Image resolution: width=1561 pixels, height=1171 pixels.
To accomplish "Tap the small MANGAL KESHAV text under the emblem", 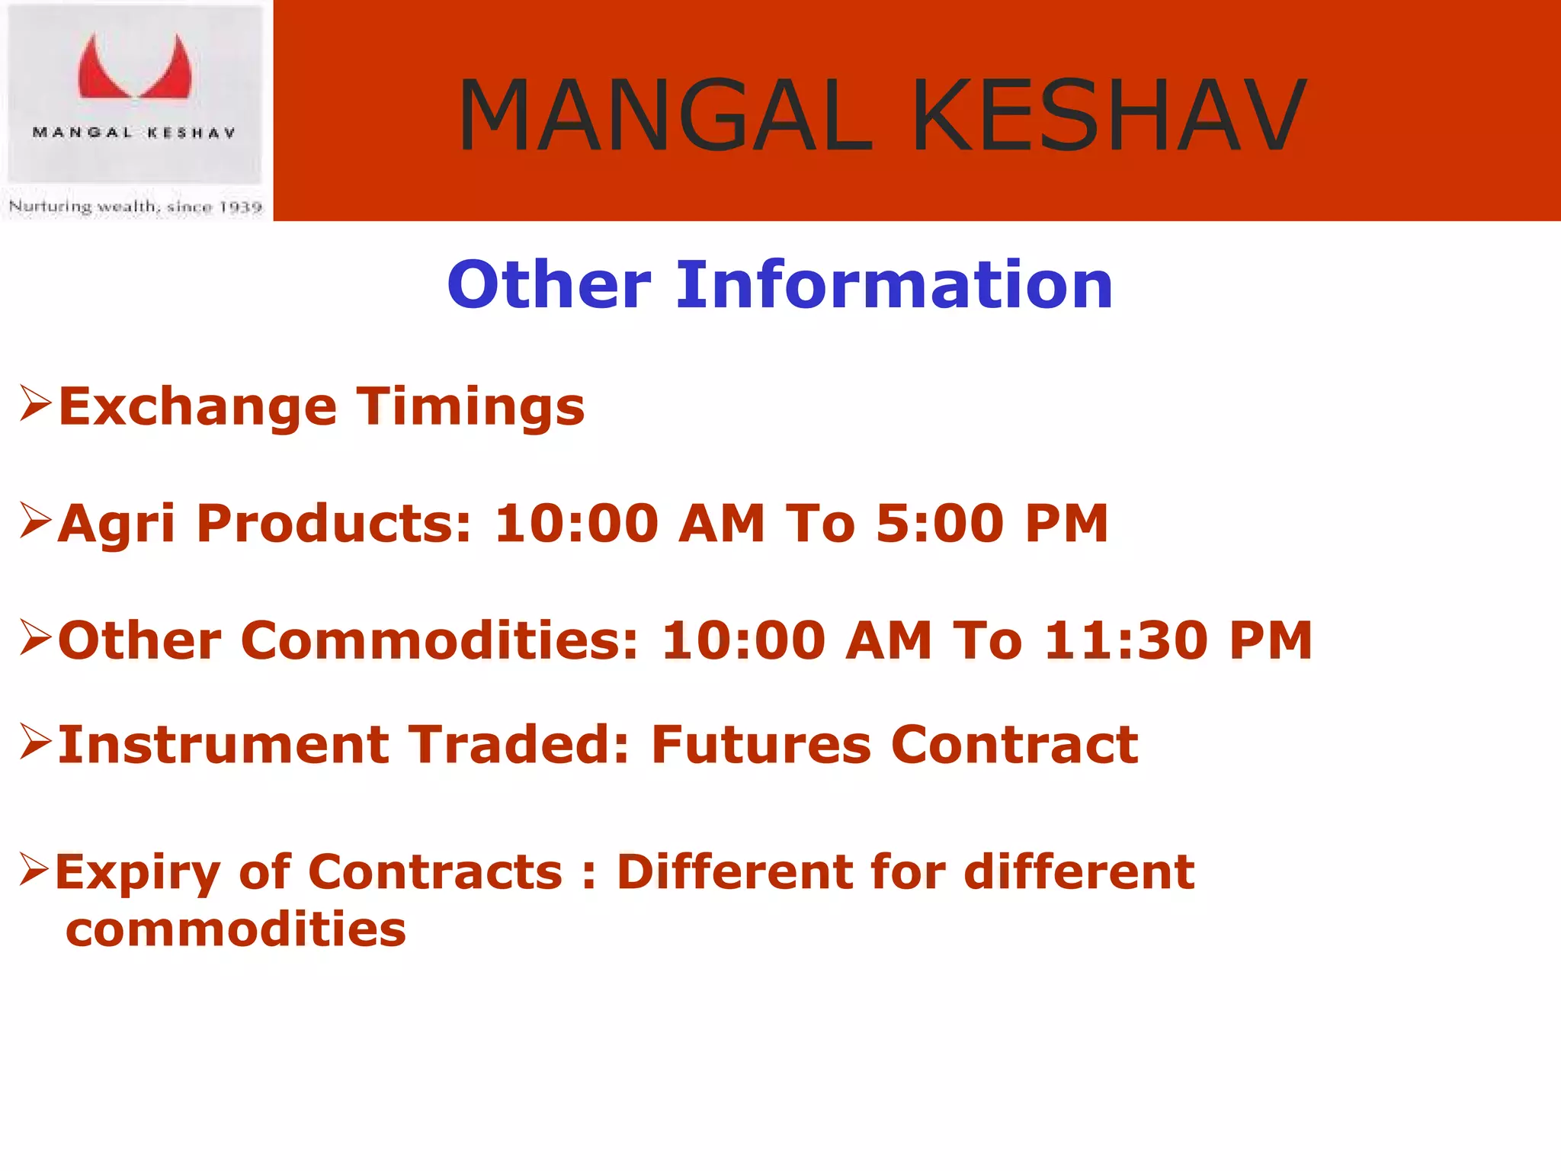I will coord(134,133).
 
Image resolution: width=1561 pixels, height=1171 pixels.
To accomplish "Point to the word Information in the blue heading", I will coord(894,284).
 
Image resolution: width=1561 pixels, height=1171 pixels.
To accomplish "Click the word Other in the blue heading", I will coord(549,284).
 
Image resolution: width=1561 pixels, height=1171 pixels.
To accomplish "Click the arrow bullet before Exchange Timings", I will coord(36,403).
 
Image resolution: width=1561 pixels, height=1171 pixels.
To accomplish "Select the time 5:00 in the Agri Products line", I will coord(939,524).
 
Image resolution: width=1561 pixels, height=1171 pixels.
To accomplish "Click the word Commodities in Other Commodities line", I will coord(440,640).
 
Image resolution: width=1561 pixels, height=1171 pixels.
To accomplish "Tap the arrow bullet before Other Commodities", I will coord(36,637).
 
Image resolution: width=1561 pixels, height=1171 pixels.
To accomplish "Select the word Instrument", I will coord(223,745).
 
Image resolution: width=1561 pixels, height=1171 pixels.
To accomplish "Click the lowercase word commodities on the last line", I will coord(236,930).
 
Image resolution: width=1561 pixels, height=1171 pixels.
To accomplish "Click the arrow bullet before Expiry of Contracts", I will coord(34,869).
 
